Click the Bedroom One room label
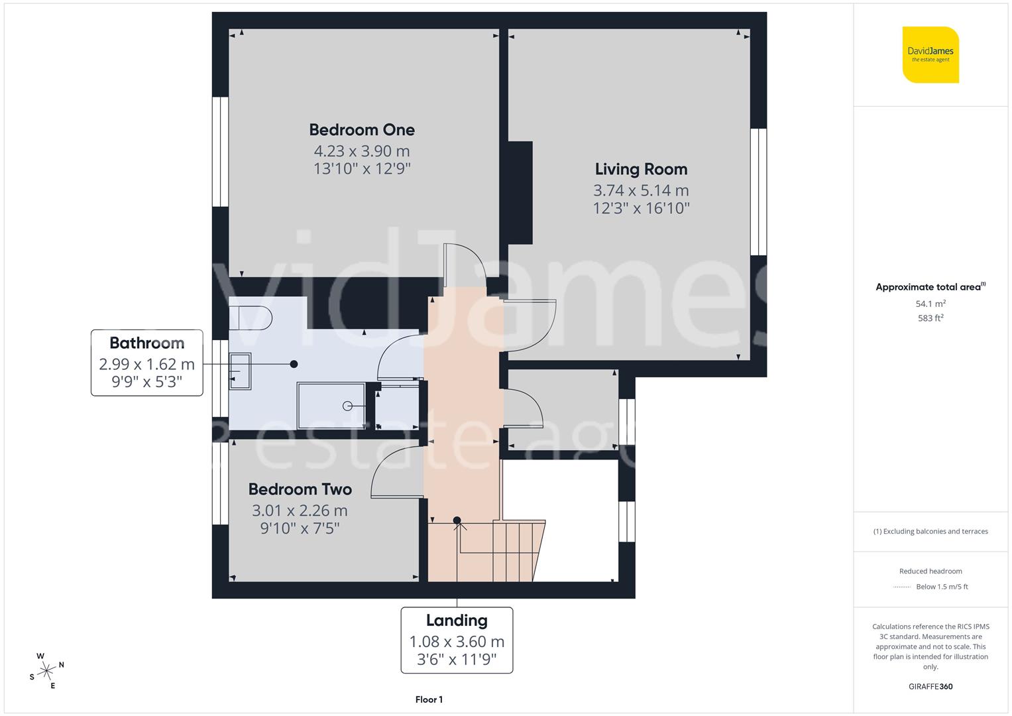(x=362, y=130)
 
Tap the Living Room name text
(x=641, y=169)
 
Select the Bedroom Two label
(x=300, y=489)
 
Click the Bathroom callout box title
(x=146, y=343)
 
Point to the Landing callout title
(x=457, y=621)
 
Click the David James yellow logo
(x=930, y=54)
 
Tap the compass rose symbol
(x=46, y=671)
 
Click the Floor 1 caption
(x=429, y=699)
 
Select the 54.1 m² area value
(x=930, y=304)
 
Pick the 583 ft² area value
(x=930, y=318)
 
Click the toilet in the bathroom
(x=251, y=318)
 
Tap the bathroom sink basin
(x=240, y=371)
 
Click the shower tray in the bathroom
(x=331, y=405)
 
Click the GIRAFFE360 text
(x=930, y=686)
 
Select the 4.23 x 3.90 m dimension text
(x=362, y=151)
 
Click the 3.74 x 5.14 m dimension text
(x=641, y=191)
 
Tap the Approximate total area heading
(x=930, y=287)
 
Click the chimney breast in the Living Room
(x=520, y=192)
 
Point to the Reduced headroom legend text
(x=930, y=571)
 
